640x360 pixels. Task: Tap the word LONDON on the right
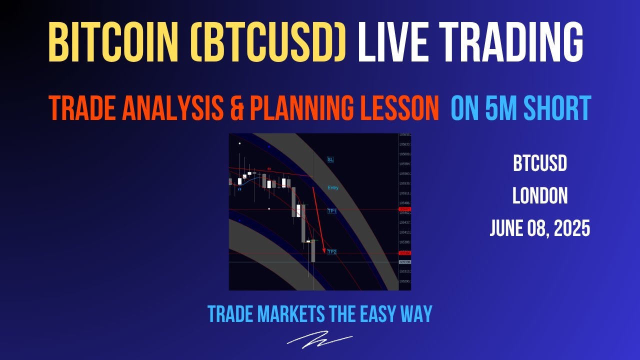[x=540, y=196]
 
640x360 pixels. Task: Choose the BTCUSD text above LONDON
[x=540, y=164]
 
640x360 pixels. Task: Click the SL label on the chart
[x=330, y=159]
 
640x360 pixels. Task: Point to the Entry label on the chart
[x=333, y=188]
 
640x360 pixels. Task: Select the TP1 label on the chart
[x=332, y=211]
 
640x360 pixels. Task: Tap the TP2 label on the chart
[x=332, y=252]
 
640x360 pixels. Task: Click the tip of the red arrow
[x=324, y=252]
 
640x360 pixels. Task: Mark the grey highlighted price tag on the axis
[x=404, y=262]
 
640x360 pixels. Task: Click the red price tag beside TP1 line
[x=404, y=209]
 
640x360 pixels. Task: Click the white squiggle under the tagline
[x=319, y=339]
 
